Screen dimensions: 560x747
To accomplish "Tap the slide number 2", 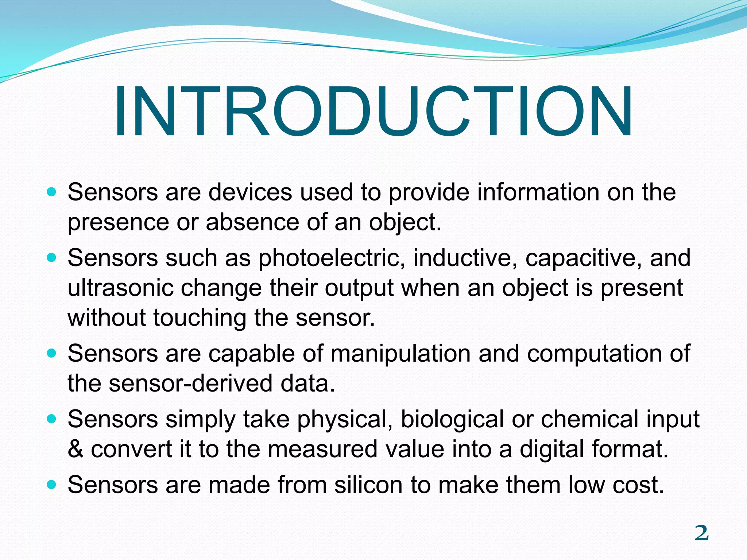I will point(701,533).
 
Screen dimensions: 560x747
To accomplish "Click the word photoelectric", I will point(331,258).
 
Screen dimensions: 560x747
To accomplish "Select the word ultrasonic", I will point(120,288).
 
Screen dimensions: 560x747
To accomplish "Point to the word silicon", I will point(368,485).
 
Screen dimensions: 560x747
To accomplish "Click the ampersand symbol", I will point(76,449).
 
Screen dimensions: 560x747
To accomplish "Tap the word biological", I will point(452,419).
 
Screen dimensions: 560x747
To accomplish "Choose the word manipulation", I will point(400,354).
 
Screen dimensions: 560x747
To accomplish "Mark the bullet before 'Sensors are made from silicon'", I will point(52,485).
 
